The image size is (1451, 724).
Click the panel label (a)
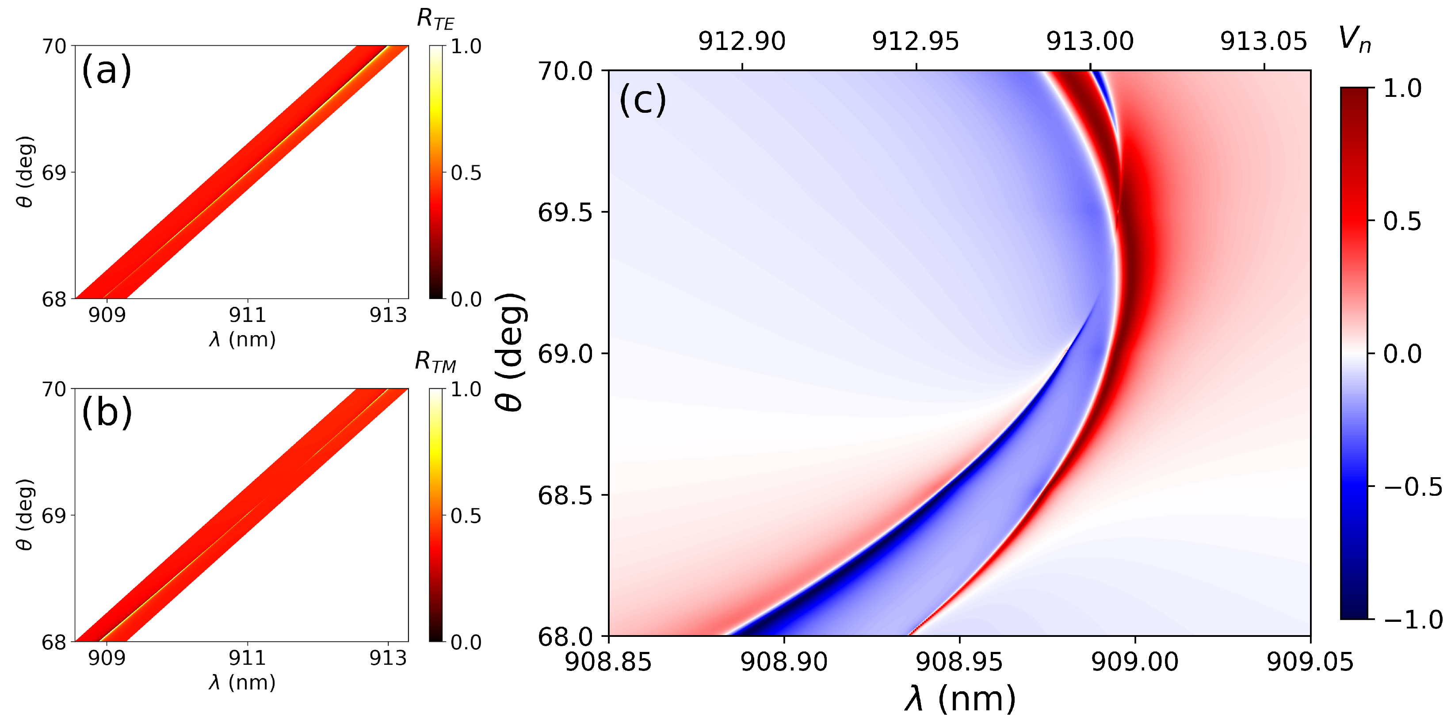click(106, 70)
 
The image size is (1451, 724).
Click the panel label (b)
click(107, 413)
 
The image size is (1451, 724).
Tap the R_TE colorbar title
click(435, 20)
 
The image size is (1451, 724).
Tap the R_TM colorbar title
click(435, 362)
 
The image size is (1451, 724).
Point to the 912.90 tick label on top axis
click(741, 42)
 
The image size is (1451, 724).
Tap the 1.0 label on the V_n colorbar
click(1402, 89)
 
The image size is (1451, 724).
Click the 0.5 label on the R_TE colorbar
click(466, 173)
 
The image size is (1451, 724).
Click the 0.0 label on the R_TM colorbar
click(466, 642)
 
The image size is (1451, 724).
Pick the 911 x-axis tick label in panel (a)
click(247, 315)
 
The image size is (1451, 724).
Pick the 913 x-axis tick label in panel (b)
click(388, 658)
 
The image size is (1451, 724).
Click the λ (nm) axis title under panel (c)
click(959, 699)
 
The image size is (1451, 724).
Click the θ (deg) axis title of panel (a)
click(25, 172)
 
